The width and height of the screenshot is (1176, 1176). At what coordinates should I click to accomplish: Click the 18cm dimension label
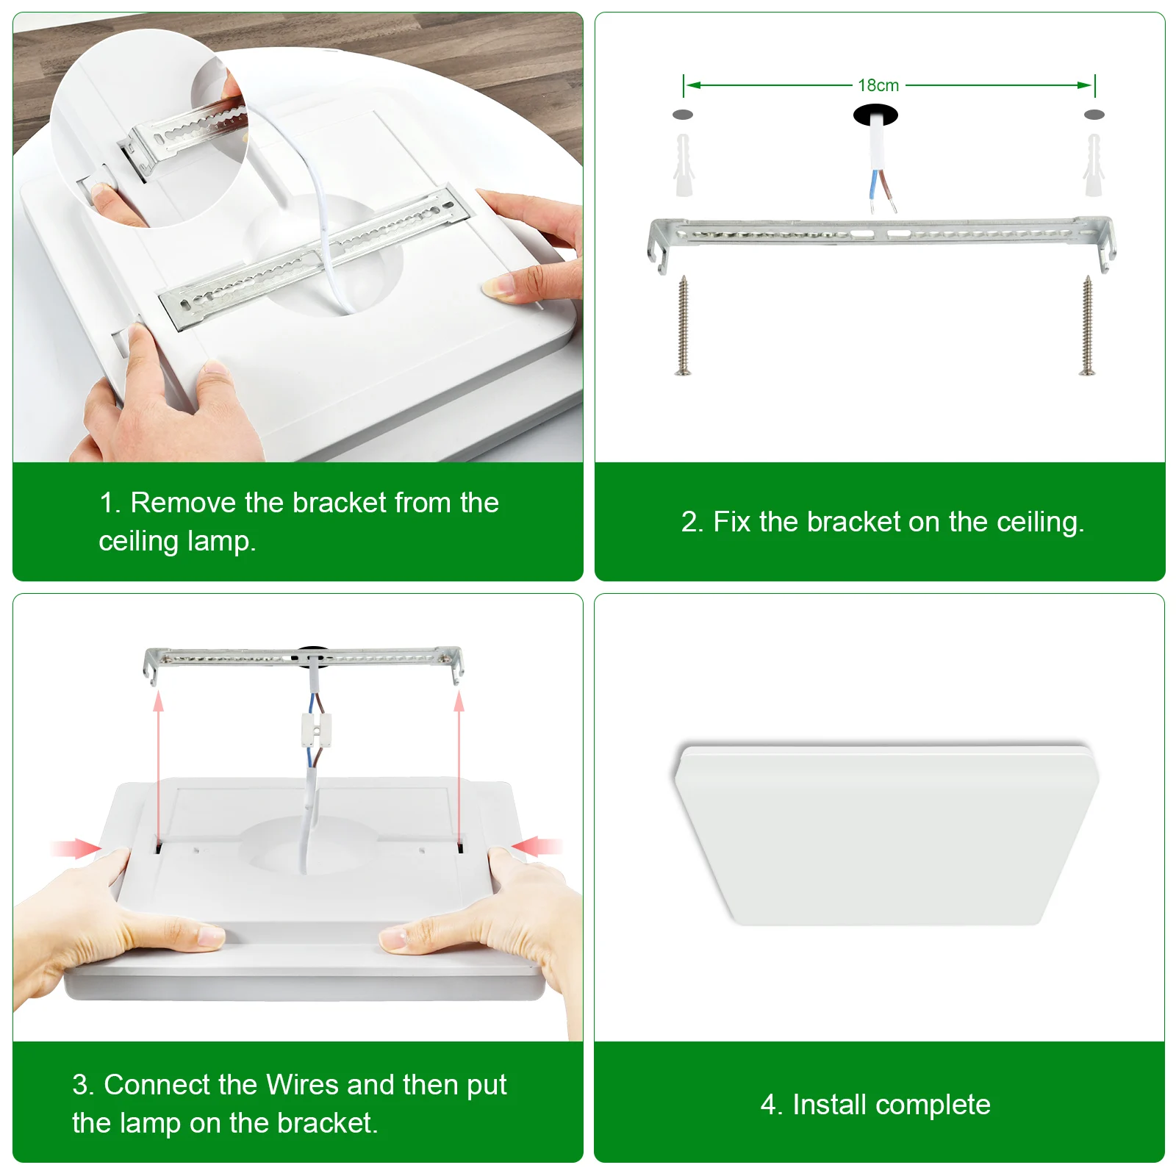[878, 85]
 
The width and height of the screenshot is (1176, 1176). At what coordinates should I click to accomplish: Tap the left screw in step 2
[683, 326]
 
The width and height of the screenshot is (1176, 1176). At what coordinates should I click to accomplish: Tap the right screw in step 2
[1087, 326]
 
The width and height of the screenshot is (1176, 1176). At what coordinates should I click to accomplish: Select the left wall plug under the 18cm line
[684, 165]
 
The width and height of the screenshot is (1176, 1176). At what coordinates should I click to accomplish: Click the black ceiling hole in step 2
[875, 115]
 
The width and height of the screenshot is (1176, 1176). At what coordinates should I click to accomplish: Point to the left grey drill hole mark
[683, 115]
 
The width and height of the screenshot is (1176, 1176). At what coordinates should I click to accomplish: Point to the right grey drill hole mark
[1094, 115]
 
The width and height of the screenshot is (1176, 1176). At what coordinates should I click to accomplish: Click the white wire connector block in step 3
[316, 729]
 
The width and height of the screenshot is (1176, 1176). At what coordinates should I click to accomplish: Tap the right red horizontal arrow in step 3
[537, 847]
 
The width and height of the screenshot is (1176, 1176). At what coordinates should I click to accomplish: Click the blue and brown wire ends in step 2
[883, 190]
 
